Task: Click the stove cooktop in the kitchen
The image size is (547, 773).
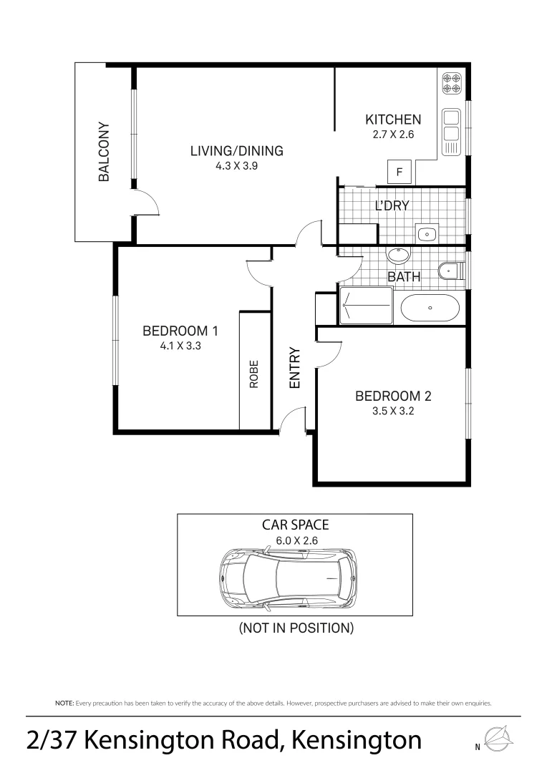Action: click(x=451, y=84)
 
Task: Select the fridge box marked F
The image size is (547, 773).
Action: click(x=400, y=172)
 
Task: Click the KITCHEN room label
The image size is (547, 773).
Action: click(x=393, y=120)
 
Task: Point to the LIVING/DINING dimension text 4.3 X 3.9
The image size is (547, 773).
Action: click(x=236, y=165)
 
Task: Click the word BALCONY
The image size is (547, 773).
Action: click(x=104, y=152)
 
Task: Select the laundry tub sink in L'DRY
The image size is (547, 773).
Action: click(x=427, y=233)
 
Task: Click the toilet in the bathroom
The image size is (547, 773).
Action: click(x=450, y=271)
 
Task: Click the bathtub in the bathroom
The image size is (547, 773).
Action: click(x=429, y=308)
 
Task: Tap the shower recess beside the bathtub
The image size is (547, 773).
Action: click(x=366, y=306)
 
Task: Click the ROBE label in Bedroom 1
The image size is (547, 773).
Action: click(x=253, y=373)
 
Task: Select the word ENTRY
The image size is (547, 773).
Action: click(x=294, y=368)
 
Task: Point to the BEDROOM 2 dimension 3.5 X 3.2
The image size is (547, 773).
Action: click(x=393, y=411)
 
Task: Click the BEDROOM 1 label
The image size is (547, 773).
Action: click(x=180, y=331)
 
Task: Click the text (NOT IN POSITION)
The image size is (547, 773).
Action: click(x=296, y=629)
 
